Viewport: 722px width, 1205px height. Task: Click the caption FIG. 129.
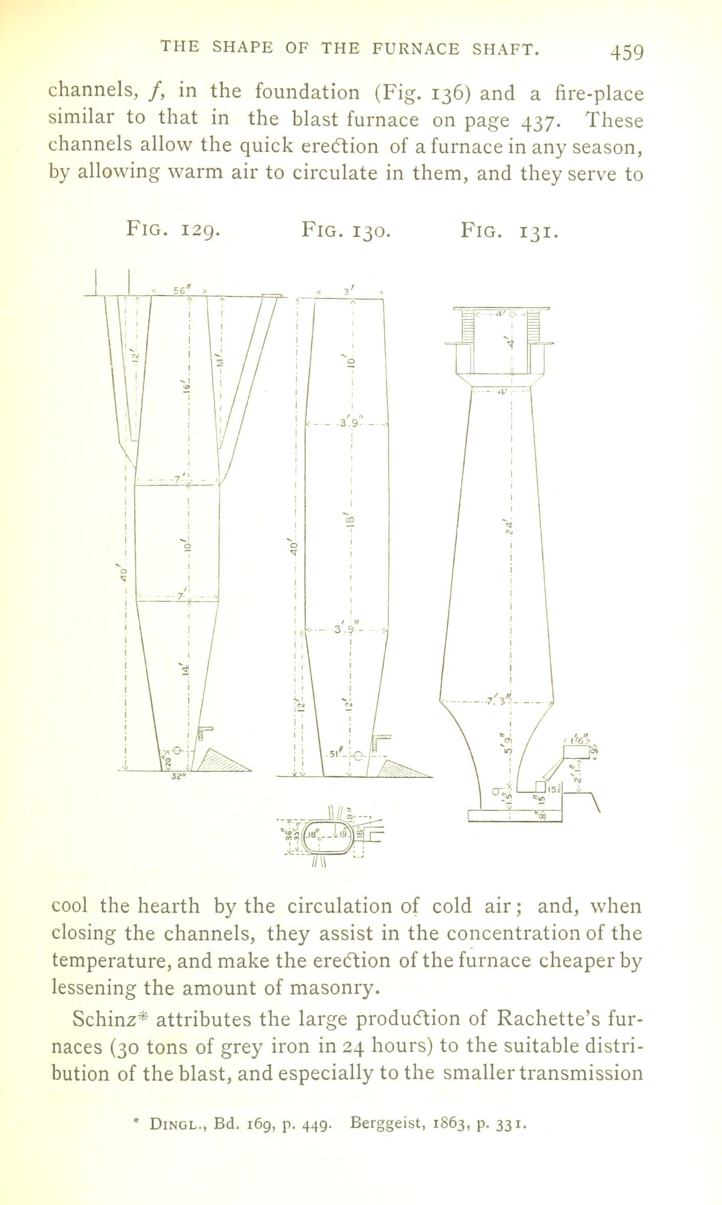(x=174, y=229)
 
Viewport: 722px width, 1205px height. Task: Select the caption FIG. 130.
(x=347, y=229)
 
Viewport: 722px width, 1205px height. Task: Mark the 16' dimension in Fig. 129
(x=187, y=390)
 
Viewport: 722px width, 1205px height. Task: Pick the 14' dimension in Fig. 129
(x=186, y=668)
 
